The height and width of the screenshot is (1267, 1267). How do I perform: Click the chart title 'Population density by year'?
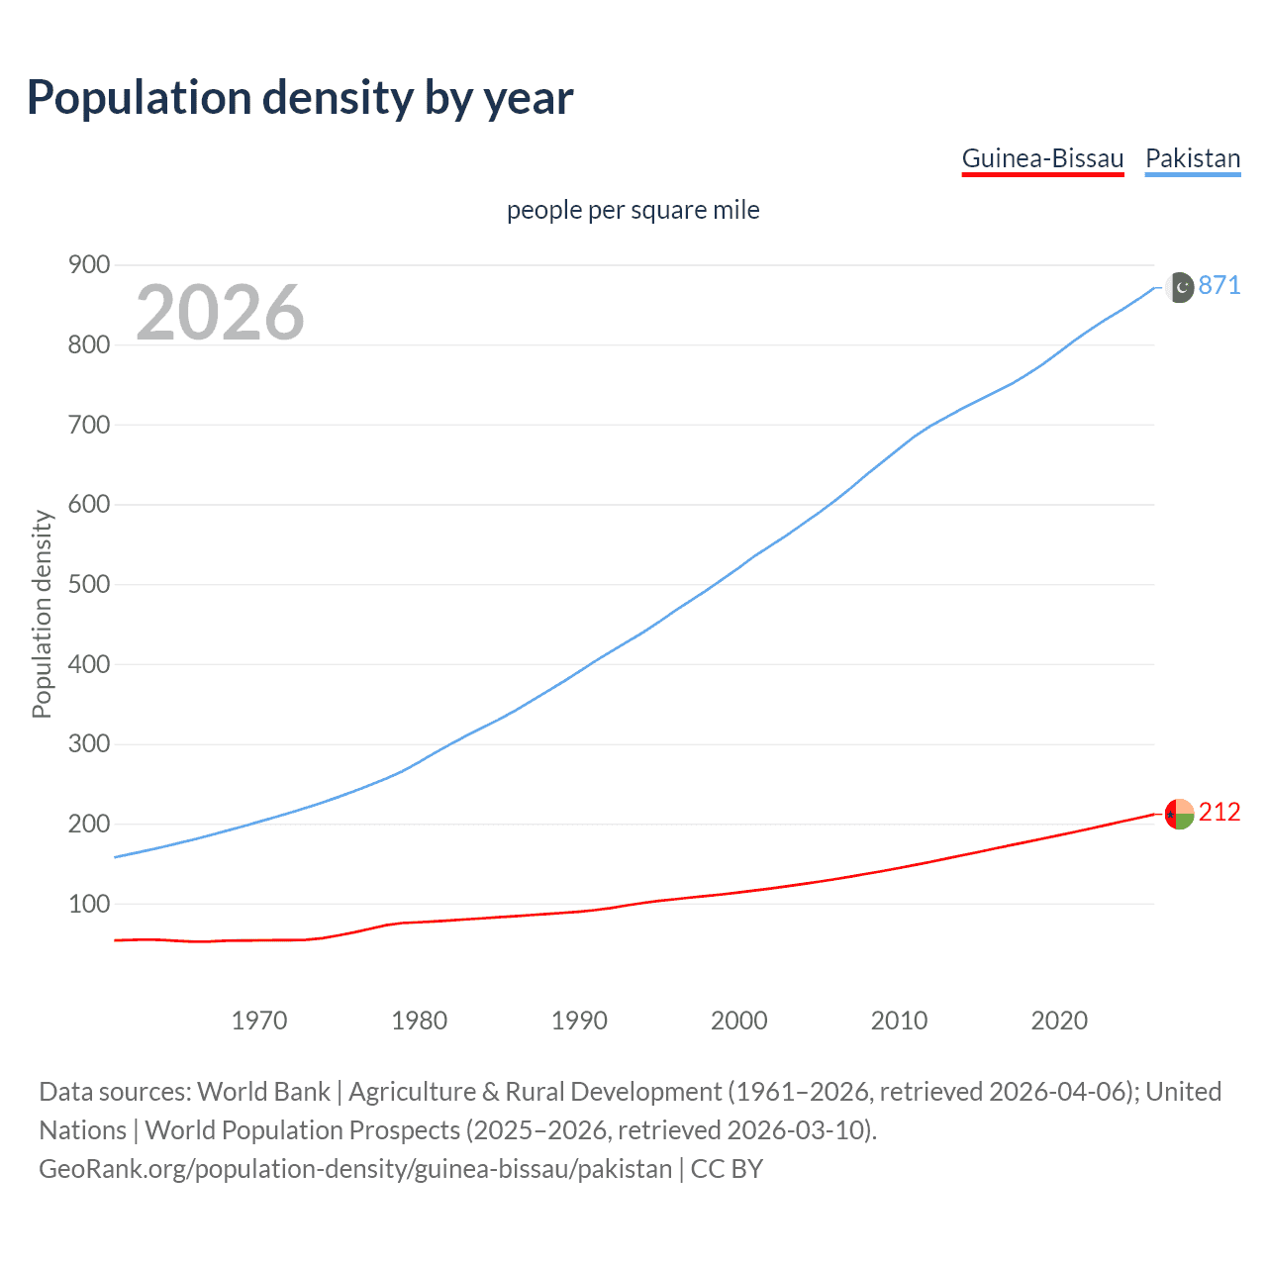pyautogui.click(x=300, y=98)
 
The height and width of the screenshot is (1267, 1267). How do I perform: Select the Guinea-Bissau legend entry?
pyautogui.click(x=1042, y=159)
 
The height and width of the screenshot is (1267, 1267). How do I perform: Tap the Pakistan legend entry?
pyautogui.click(x=1192, y=159)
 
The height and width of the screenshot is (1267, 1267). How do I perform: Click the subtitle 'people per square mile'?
pyautogui.click(x=633, y=210)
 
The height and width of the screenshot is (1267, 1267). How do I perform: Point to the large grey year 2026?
pyautogui.click(x=220, y=313)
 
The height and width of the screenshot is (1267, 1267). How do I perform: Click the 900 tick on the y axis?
pyautogui.click(x=88, y=265)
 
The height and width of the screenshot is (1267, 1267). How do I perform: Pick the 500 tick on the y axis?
pyautogui.click(x=88, y=584)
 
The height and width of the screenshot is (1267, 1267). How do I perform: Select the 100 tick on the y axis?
pyautogui.click(x=88, y=904)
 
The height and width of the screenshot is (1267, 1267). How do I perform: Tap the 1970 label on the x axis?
pyautogui.click(x=259, y=1021)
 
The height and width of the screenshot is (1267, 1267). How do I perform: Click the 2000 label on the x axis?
pyautogui.click(x=739, y=1021)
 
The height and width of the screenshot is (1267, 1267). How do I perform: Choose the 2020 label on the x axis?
pyautogui.click(x=1059, y=1021)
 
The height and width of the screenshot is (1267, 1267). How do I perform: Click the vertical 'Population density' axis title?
pyautogui.click(x=42, y=614)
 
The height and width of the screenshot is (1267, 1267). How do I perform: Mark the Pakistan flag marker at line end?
pyautogui.click(x=1179, y=287)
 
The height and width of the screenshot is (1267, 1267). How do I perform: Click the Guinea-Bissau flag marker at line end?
pyautogui.click(x=1179, y=814)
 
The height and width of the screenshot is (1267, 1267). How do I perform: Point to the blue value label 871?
pyautogui.click(x=1219, y=286)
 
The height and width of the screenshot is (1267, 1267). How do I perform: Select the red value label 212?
pyautogui.click(x=1219, y=813)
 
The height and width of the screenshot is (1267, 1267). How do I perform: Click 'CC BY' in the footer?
pyautogui.click(x=727, y=1169)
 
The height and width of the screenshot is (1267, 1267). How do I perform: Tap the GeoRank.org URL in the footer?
pyautogui.click(x=355, y=1169)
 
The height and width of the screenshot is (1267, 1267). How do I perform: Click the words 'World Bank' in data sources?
pyautogui.click(x=263, y=1092)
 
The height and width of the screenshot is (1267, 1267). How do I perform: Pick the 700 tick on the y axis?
pyautogui.click(x=88, y=425)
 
